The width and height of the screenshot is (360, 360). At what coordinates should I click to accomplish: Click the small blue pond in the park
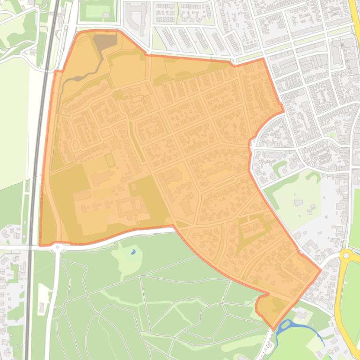tap(133, 252)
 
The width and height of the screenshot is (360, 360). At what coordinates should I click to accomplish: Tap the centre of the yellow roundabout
tap(346, 255)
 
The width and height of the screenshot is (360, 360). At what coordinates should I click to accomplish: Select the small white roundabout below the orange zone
tap(58, 247)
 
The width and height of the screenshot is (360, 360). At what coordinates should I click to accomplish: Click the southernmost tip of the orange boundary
tap(273, 329)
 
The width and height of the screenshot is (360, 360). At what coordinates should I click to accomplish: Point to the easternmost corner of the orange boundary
tap(321, 270)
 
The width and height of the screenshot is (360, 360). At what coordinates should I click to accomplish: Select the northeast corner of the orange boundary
tap(263, 59)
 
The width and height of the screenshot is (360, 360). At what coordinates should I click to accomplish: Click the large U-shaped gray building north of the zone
tap(137, 19)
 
